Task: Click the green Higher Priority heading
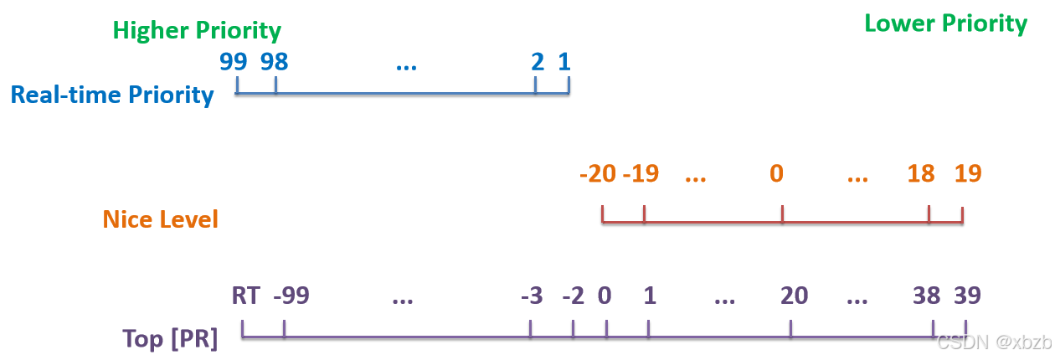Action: tap(197, 31)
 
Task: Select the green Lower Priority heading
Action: tap(946, 24)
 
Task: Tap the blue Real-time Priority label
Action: tap(112, 95)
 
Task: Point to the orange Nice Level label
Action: tap(161, 219)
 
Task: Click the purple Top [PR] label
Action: tap(170, 339)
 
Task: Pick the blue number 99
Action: tap(233, 62)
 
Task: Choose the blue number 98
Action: tap(274, 62)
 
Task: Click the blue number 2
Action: tap(538, 62)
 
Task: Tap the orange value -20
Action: tap(598, 173)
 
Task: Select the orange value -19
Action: tap(641, 173)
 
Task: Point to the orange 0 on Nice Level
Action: tap(777, 173)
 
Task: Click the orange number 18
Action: tap(921, 173)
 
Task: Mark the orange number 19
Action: tap(968, 173)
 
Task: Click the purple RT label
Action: tap(246, 296)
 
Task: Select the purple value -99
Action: tap(291, 296)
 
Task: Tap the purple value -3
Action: tap(532, 296)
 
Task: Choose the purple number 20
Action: tap(794, 296)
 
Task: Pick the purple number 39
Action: tap(967, 296)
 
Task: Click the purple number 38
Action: tap(926, 296)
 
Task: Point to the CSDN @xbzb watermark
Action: tap(995, 342)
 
